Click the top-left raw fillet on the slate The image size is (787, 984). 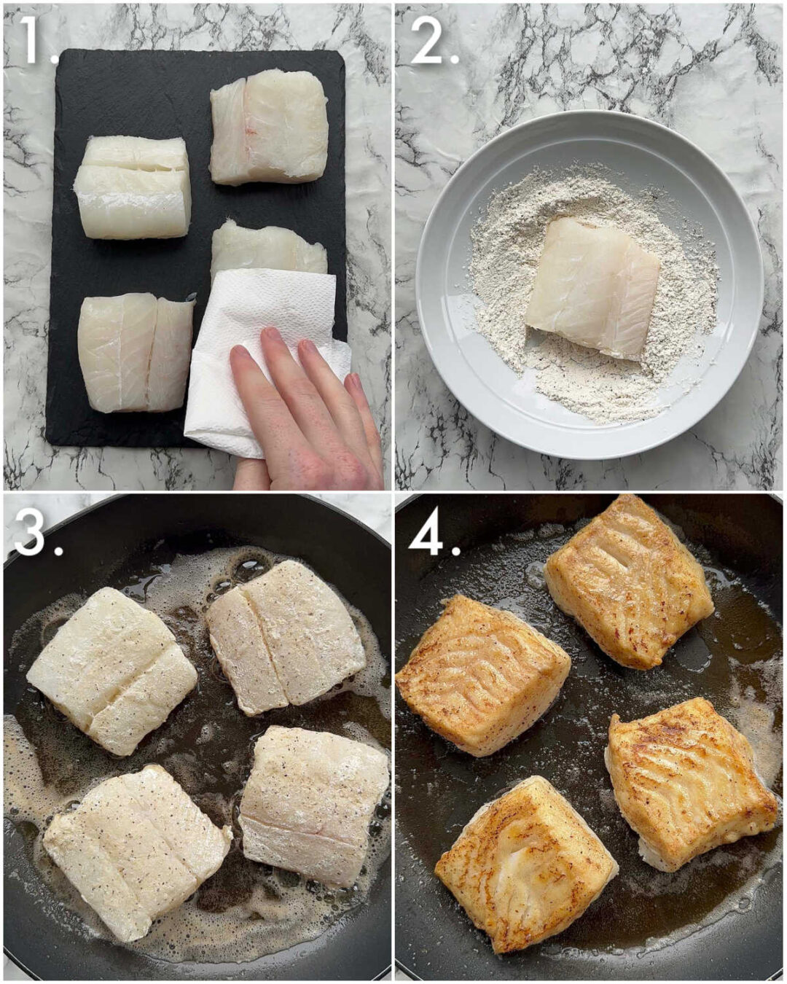[133, 188]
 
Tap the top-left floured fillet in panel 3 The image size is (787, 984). [111, 668]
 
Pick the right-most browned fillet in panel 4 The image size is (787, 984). [689, 784]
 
